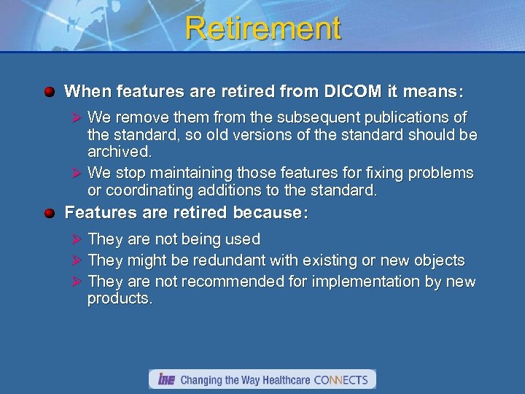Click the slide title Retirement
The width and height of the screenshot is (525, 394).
coord(262,28)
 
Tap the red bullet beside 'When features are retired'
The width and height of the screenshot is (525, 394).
coord(49,93)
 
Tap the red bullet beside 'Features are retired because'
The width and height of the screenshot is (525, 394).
coord(49,213)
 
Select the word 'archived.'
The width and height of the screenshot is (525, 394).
coord(120,152)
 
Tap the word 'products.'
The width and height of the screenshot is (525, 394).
coord(120,299)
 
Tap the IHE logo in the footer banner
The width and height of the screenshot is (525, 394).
coord(166,379)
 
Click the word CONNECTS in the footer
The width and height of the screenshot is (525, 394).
coord(342,380)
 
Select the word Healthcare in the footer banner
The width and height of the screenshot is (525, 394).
coord(281,380)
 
